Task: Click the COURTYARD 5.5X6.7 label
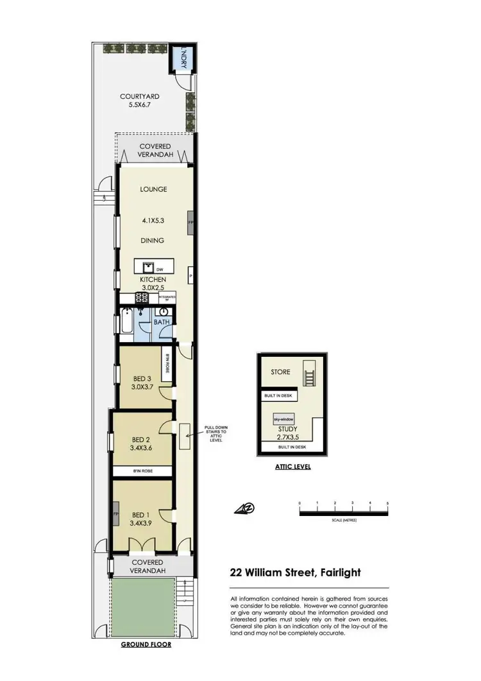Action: pos(139,101)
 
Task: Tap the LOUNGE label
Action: pos(153,189)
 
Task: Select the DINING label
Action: pos(153,241)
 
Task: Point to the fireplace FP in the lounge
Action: pos(190,222)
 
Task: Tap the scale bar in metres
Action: pos(343,512)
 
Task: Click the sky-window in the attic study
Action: pos(283,418)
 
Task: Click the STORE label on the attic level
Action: pos(280,372)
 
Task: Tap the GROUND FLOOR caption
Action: pos(146,644)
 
